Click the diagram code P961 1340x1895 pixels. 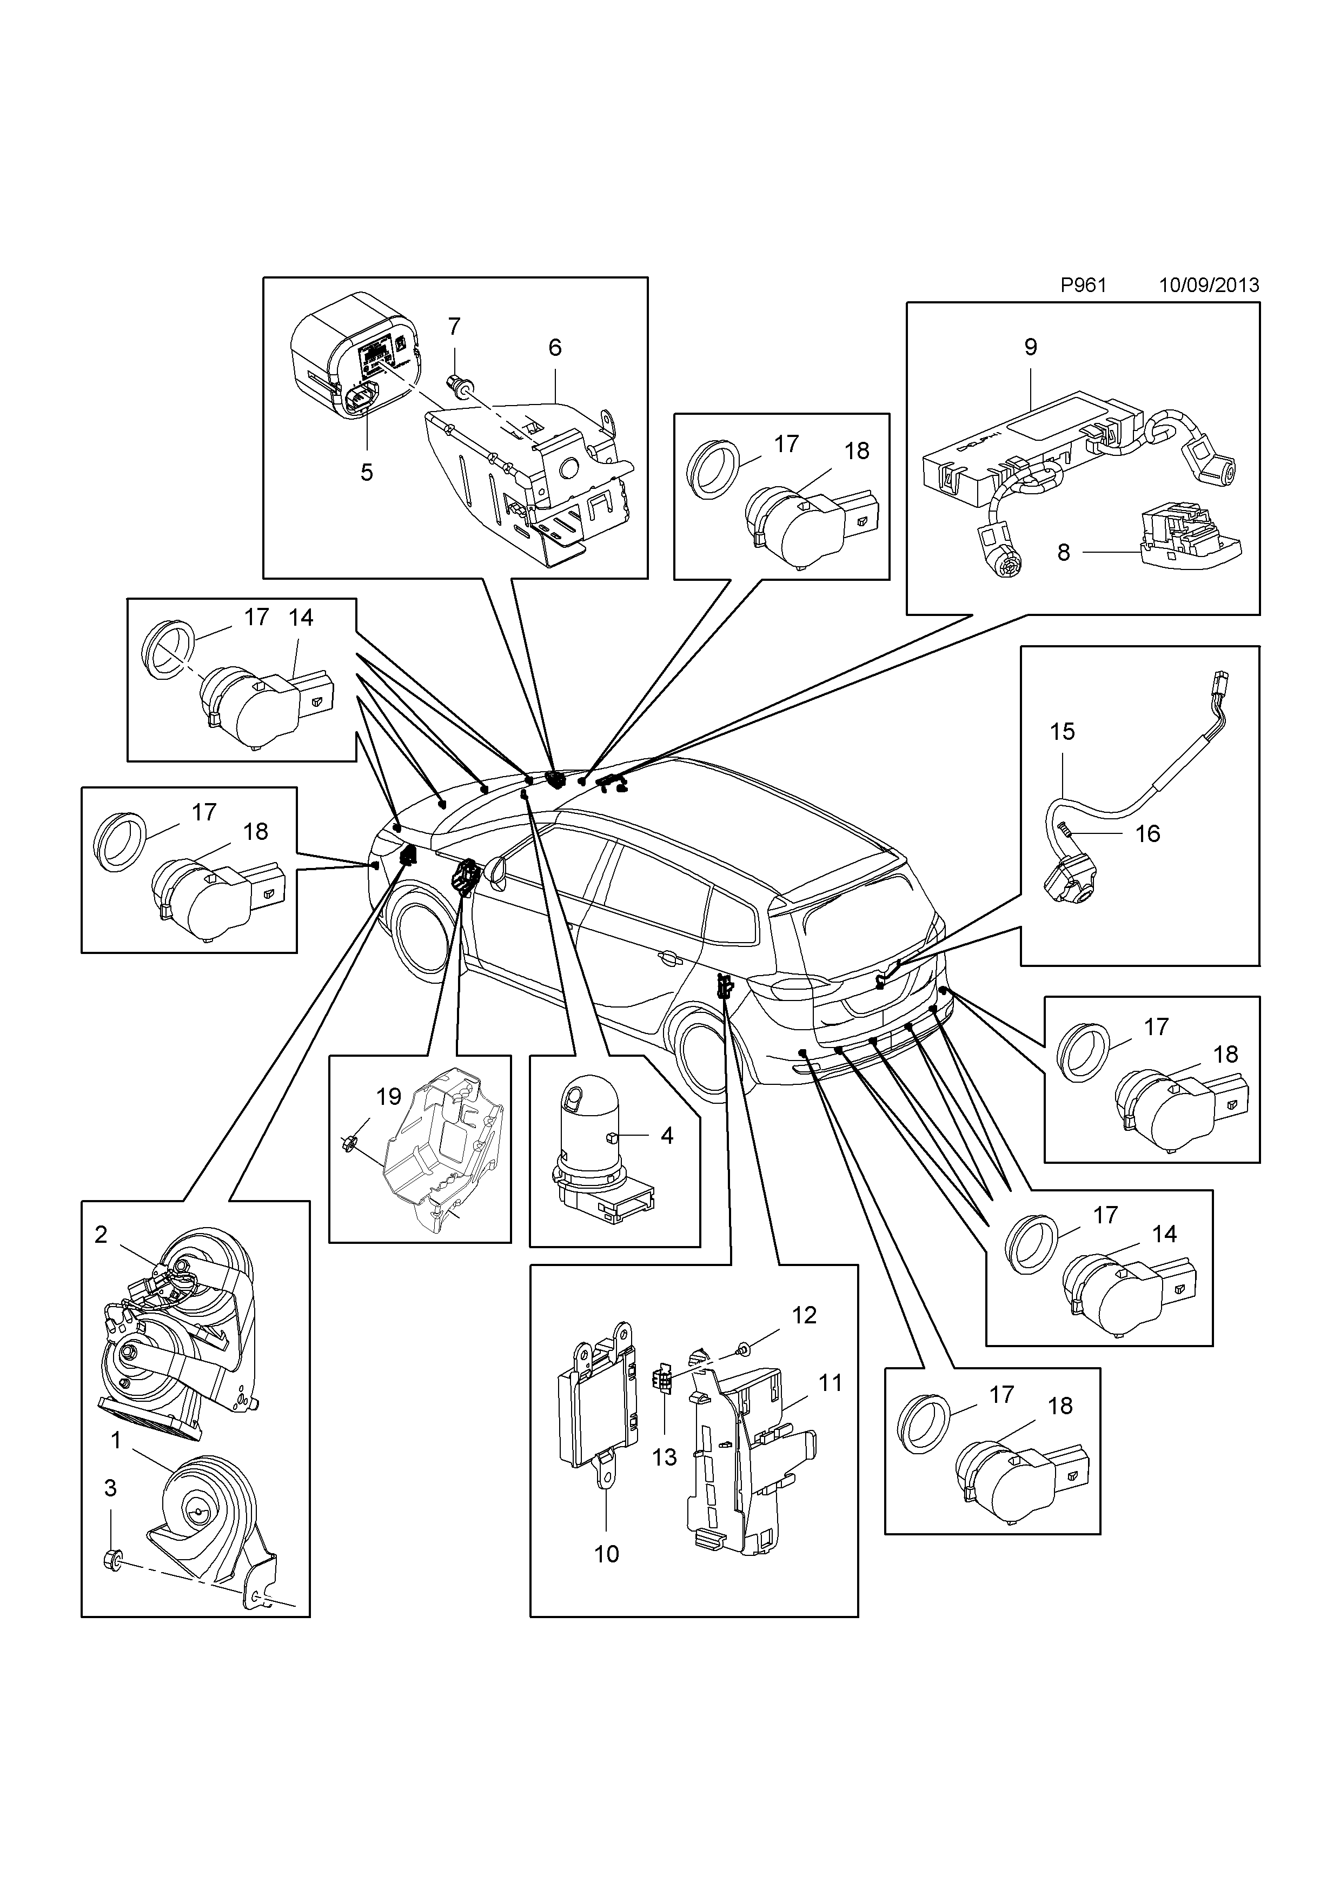tap(1083, 286)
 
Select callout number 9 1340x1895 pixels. tap(1031, 348)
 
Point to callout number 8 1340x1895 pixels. tap(1064, 552)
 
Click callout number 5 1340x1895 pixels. tap(366, 473)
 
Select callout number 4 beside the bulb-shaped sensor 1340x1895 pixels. tap(667, 1136)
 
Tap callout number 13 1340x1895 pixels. tap(664, 1457)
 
